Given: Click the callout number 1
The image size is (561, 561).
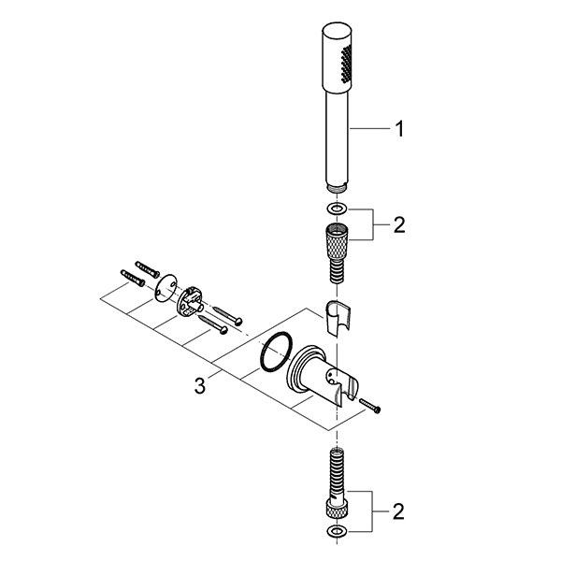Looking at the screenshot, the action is click(399, 129).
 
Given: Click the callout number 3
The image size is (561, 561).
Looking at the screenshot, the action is click(200, 385).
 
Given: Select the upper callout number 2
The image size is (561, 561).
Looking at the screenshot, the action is click(399, 225).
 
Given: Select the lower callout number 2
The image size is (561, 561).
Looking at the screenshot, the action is click(398, 511).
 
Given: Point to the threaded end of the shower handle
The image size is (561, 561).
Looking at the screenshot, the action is click(337, 188).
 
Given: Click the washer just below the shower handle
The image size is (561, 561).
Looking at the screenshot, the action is click(337, 208).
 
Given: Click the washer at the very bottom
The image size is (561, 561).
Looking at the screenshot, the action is click(337, 531).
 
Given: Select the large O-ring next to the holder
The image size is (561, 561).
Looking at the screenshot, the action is click(276, 352).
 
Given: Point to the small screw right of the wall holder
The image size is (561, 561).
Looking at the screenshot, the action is click(370, 406).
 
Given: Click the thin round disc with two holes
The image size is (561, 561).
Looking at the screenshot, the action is click(166, 288).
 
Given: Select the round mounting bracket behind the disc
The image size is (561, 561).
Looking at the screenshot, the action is click(190, 300).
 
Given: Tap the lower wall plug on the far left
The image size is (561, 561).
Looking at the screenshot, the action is click(133, 278).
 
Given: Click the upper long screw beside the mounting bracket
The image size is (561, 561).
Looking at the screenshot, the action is click(228, 314).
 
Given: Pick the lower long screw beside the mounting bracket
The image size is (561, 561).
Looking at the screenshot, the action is click(213, 324).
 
